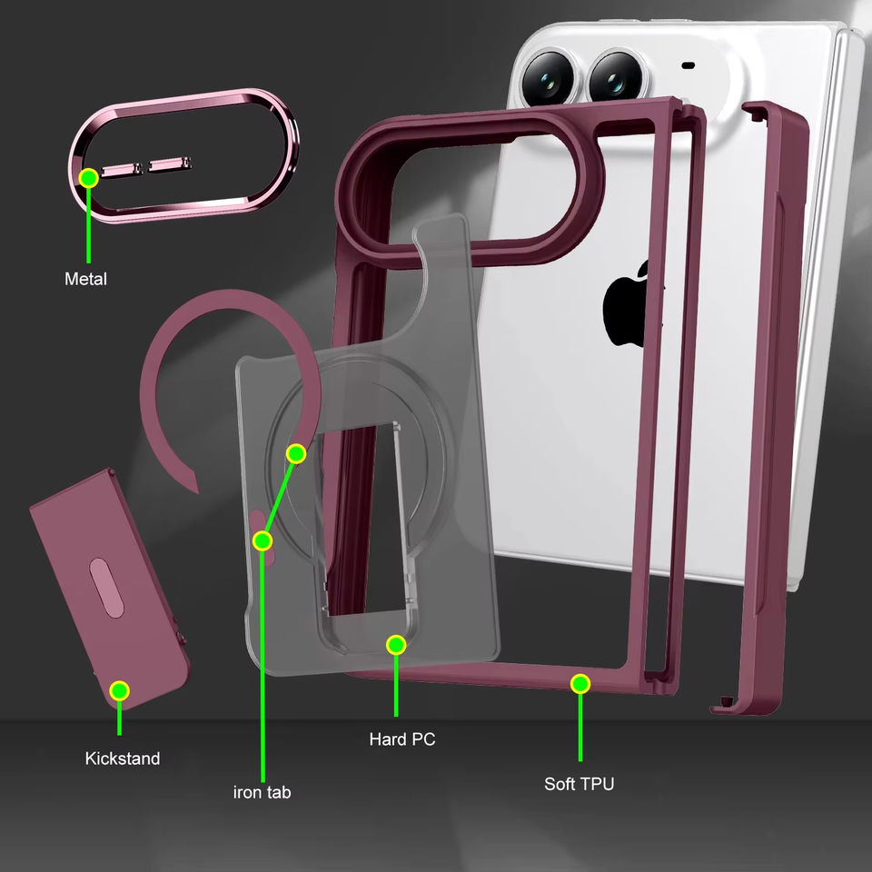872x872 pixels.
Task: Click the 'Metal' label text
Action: point(85,279)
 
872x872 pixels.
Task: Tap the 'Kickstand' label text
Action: point(123,758)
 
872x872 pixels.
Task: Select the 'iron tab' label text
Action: point(262,792)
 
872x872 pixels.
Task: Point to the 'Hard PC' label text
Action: point(402,739)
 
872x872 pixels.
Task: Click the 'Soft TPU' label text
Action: point(579,784)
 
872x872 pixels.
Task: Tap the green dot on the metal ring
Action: point(88,178)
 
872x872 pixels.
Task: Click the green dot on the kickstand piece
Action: point(119,690)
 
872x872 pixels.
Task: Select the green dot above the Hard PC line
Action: point(396,645)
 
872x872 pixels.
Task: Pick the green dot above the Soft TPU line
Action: point(580,683)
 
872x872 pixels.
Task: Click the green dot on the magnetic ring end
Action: point(296,454)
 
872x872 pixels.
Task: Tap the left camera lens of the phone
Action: point(548,79)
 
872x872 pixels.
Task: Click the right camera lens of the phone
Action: point(616,79)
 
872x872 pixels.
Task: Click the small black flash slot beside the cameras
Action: point(689,65)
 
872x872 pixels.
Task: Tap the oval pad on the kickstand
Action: point(106,588)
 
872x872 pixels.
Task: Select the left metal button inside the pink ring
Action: point(122,169)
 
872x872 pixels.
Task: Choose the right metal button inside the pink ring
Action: point(171,163)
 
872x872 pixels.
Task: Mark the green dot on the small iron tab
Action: point(263,540)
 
